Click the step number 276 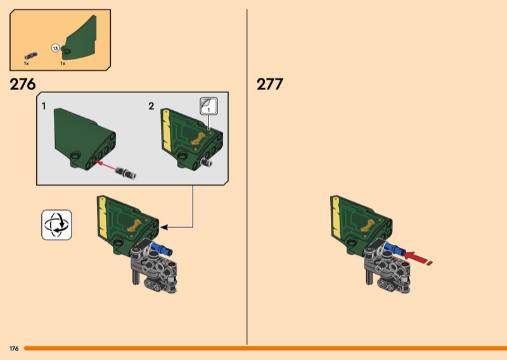[x=23, y=84]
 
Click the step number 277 [x=270, y=84]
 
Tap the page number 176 [x=14, y=349]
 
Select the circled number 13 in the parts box [x=55, y=49]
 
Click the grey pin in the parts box [x=31, y=56]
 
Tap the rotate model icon [x=56, y=225]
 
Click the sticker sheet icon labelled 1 [x=209, y=106]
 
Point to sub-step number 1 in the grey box [x=44, y=106]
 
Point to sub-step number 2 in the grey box [x=151, y=106]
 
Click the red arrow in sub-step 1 [x=105, y=164]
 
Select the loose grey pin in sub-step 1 [x=125, y=172]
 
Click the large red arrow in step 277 [x=418, y=257]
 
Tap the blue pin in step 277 [x=395, y=248]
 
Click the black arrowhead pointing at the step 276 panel [x=164, y=228]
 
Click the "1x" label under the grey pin [x=26, y=63]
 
